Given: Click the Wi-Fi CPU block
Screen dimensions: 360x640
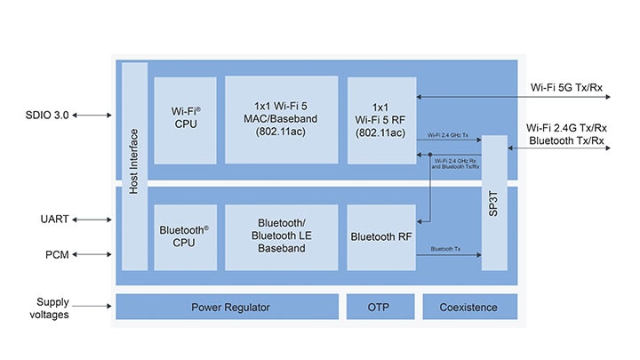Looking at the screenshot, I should click(185, 120).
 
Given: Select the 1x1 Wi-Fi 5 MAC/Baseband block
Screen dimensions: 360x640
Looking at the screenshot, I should click(281, 120).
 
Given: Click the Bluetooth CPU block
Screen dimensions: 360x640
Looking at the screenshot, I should click(185, 236).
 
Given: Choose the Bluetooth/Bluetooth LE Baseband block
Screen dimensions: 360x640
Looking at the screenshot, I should click(281, 236).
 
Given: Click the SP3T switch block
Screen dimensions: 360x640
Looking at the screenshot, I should click(494, 202).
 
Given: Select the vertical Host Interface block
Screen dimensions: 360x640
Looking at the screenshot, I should click(134, 166).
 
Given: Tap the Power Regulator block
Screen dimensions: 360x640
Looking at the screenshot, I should click(230, 307).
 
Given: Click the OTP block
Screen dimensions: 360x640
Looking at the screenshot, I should click(379, 307).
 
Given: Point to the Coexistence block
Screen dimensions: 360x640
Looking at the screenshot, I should click(468, 307).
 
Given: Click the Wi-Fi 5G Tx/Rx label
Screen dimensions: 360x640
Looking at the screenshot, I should click(567, 87).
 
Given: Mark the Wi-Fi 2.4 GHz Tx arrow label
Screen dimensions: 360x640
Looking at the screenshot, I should click(446, 135).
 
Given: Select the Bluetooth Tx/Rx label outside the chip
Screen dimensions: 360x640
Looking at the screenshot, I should click(568, 141).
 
